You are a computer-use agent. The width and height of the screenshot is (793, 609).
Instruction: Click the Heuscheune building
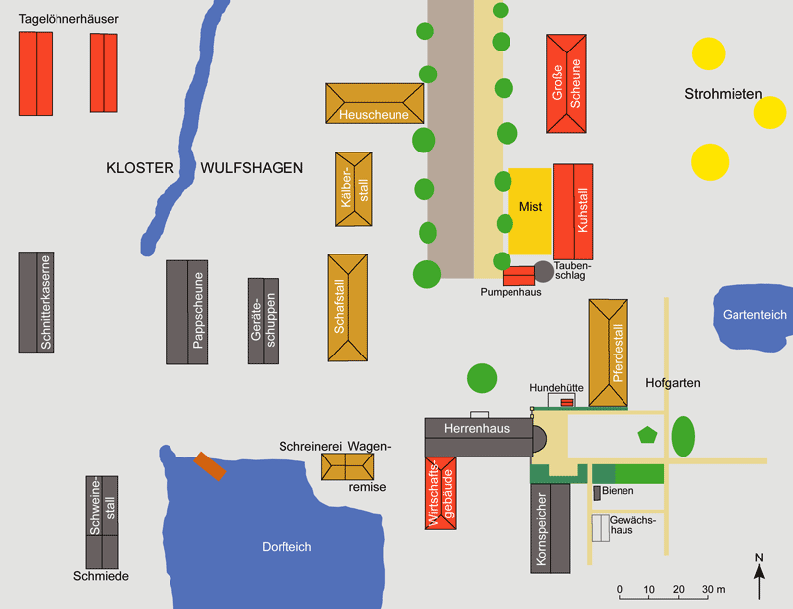[x=375, y=104]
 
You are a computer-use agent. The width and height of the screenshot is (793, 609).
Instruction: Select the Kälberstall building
[x=354, y=189]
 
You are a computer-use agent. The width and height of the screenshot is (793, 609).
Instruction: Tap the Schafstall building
[x=348, y=308]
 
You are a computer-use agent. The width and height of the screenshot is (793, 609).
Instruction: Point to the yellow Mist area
[x=530, y=211]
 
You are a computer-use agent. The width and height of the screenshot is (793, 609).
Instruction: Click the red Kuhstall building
[x=573, y=212]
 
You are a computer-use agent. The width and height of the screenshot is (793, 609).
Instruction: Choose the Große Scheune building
[x=566, y=83]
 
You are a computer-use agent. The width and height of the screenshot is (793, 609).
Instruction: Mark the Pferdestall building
[x=609, y=353]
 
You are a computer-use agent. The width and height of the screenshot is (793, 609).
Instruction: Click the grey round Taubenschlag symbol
[x=543, y=272]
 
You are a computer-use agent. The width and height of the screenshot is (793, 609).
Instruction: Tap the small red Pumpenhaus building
[x=518, y=276]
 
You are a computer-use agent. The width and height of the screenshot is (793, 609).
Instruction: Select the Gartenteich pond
[x=752, y=318]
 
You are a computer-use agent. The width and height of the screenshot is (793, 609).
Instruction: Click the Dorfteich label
[x=286, y=547]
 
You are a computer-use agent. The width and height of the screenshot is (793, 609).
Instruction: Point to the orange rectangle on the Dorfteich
[x=210, y=466]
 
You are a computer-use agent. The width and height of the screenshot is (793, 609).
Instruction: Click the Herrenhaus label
[x=477, y=429]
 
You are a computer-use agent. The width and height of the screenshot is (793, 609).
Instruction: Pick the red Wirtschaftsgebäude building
[x=441, y=493]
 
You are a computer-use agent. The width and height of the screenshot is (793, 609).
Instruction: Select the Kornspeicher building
[x=550, y=529]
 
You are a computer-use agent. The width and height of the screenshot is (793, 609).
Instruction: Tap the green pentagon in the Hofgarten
[x=647, y=435]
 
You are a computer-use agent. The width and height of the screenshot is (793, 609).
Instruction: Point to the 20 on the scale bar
[x=679, y=590]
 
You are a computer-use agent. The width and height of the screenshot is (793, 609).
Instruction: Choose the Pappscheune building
[x=187, y=312]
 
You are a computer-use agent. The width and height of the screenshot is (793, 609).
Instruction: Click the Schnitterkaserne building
[x=36, y=302]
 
